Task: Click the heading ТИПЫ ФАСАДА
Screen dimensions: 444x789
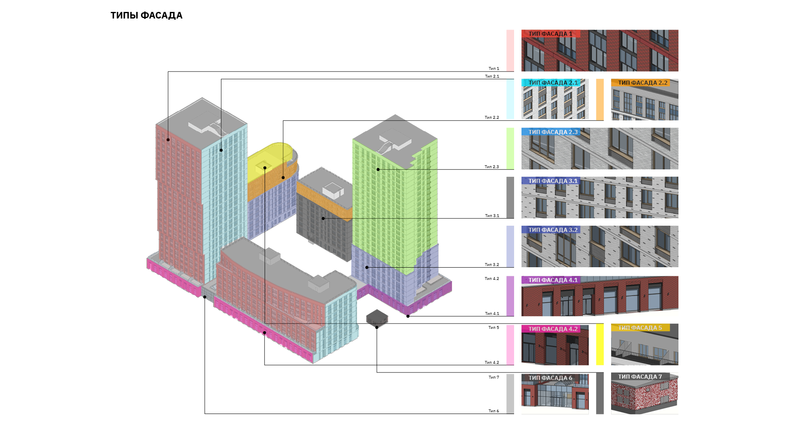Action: [146, 16]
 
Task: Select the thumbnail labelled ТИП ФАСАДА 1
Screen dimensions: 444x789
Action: [600, 51]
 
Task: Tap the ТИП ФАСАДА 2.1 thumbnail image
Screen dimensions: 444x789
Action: [555, 99]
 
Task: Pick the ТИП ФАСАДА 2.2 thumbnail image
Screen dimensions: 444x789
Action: [644, 100]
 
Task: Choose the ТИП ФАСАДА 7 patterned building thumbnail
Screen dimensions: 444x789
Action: [644, 394]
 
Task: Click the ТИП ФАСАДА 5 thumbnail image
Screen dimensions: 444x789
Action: [644, 345]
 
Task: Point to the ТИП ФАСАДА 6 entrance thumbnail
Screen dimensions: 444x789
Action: [555, 394]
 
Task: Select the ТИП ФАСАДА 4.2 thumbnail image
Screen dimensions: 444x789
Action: [555, 345]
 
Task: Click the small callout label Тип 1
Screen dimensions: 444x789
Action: [494, 69]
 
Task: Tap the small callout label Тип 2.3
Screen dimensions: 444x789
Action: [491, 167]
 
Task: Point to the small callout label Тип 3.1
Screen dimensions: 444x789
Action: [492, 216]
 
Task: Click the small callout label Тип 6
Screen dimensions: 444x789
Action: [494, 411]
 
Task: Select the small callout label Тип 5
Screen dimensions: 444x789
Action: [494, 328]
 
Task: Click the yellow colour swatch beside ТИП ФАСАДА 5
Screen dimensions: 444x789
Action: [600, 345]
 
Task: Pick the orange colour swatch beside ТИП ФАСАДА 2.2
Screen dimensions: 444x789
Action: [600, 99]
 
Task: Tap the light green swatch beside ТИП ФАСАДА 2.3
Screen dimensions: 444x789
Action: [510, 148]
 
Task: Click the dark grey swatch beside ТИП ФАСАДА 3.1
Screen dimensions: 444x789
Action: [510, 197]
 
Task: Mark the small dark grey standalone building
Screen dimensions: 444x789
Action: [377, 318]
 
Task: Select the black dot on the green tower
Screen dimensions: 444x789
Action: [378, 169]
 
